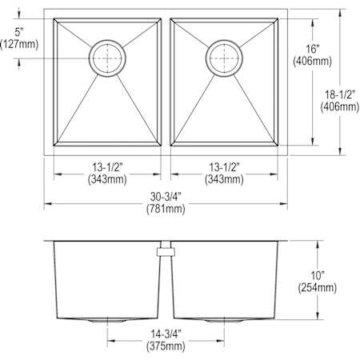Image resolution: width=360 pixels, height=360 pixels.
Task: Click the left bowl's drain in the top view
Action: pyautogui.click(x=108, y=57)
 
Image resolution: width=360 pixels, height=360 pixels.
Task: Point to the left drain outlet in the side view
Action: pyautogui.click(x=107, y=319)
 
